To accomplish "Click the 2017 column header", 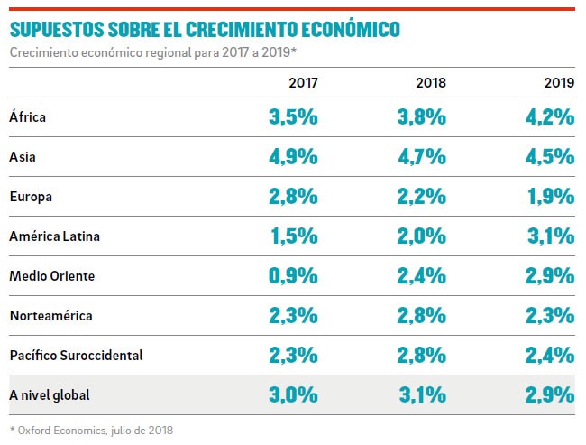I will coord(302,82).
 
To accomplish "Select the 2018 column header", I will coord(430,82).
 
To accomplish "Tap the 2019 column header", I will coord(559,82).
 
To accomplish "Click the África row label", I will coord(27,116).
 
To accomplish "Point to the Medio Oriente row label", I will coord(51,275).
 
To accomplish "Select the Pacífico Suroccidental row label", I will coord(76,355).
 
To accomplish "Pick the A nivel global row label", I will coord(50,394).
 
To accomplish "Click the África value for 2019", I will coord(550,116).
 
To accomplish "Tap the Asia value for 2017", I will coord(293,156).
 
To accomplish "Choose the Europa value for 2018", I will coord(422,196).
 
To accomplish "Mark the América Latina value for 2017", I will coord(294,236).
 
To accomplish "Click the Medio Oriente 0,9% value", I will coord(293,275).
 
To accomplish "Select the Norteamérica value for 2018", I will coord(422,315).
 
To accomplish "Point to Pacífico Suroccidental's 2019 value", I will coord(550,355).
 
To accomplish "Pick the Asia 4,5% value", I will coord(550,156).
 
